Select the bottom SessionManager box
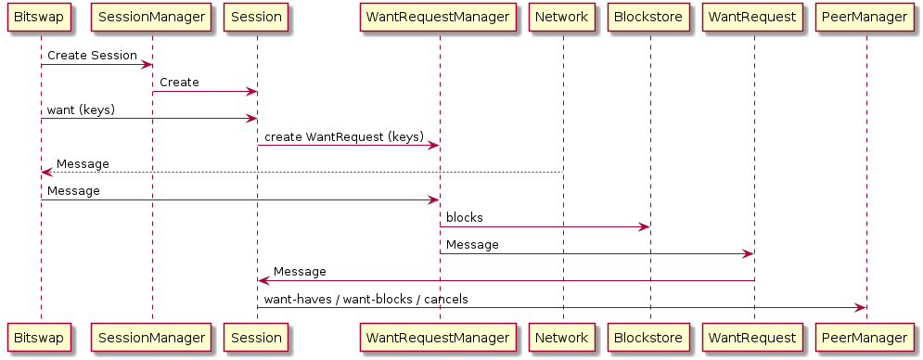pos(152,338)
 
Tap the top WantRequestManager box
pos(439,17)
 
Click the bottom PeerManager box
pos(865,338)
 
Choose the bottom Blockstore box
pos(650,338)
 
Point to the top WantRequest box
pos(754,17)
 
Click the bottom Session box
pos(257,338)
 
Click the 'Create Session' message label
pos(93,56)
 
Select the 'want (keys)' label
pos(82,110)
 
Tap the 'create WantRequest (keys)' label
pos(344,137)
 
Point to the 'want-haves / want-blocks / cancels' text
pos(366,300)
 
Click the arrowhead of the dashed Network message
pos(47,173)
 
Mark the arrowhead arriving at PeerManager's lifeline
pos(860,307)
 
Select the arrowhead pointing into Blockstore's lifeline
pos(645,226)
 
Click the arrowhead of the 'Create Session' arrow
pos(147,64)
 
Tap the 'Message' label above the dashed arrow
pos(83,164)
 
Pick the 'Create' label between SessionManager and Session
pos(179,83)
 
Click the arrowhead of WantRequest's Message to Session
pos(263,280)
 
